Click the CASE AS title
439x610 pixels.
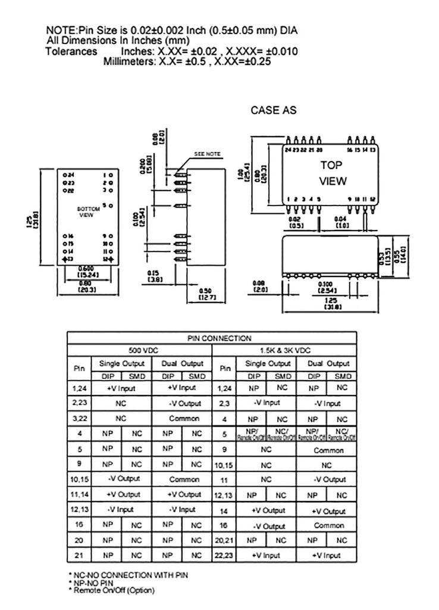coord(273,110)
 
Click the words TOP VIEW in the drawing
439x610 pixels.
coord(333,173)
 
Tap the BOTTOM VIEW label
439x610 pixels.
coord(86,211)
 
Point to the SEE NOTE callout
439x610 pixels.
coord(207,154)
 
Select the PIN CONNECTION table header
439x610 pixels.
coord(211,338)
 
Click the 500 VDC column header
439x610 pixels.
coord(139,350)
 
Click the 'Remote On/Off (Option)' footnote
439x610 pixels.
coord(105,590)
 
